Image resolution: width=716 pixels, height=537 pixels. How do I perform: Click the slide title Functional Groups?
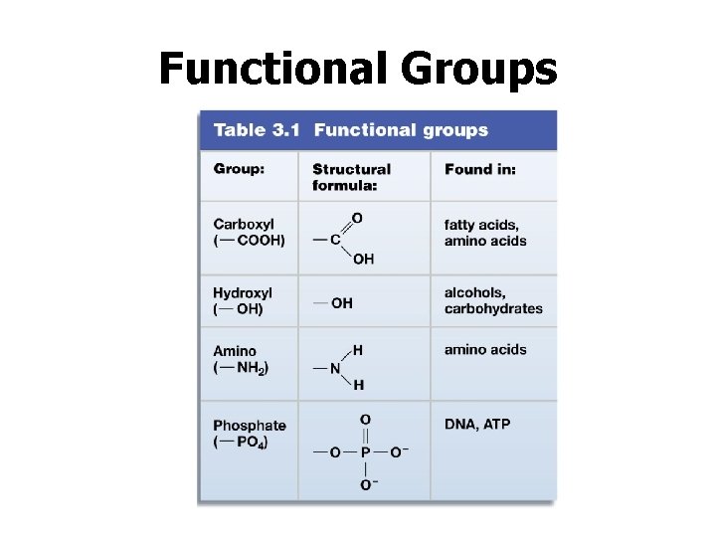tap(358, 69)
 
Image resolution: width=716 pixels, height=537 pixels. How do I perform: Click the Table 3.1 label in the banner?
tap(254, 130)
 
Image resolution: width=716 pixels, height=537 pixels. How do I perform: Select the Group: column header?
tap(239, 169)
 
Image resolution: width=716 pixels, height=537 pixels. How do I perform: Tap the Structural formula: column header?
tap(351, 177)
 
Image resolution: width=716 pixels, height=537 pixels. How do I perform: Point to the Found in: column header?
tap(480, 169)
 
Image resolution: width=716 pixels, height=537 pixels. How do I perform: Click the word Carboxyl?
tap(244, 224)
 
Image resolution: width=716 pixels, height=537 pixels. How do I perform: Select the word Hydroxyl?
tap(243, 292)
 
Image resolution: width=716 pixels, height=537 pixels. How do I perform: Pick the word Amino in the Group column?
tap(235, 351)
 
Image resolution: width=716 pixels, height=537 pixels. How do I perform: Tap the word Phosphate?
tap(249, 427)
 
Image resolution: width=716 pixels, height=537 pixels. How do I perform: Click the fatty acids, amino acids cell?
tap(485, 233)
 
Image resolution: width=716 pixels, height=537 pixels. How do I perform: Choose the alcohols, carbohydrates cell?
tap(493, 300)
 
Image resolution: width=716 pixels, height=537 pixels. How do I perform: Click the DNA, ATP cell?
tap(477, 425)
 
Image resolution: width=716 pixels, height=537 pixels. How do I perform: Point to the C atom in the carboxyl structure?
tap(335, 239)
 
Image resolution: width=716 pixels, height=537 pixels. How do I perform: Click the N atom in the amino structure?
tap(335, 368)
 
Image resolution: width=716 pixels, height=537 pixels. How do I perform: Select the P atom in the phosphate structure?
tap(365, 452)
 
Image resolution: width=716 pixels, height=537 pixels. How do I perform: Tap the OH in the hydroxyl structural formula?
tap(342, 303)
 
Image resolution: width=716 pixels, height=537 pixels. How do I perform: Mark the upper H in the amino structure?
tap(358, 350)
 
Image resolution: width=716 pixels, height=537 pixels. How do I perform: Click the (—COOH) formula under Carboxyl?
tap(249, 241)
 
